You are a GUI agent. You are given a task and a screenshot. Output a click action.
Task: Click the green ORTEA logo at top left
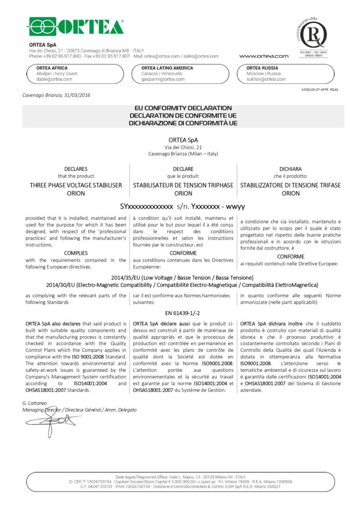click(76, 26)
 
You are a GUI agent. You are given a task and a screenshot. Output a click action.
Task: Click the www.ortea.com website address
click(264, 56)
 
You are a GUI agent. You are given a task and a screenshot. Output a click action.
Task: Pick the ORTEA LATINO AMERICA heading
click(167, 68)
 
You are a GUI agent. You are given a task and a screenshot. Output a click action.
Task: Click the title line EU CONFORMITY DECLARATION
click(183, 107)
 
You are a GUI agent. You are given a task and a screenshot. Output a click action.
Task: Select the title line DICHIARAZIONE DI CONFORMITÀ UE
click(183, 122)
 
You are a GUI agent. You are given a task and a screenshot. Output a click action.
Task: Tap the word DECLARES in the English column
click(76, 169)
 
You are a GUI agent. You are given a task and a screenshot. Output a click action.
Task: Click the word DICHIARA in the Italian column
click(290, 169)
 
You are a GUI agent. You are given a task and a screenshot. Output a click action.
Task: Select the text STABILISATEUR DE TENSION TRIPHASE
click(183, 185)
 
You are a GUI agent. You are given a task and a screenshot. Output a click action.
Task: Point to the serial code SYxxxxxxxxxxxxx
click(147, 205)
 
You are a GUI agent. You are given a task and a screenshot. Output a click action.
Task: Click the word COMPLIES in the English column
click(76, 253)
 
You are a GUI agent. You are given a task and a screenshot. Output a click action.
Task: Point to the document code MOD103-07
click(313, 89)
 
